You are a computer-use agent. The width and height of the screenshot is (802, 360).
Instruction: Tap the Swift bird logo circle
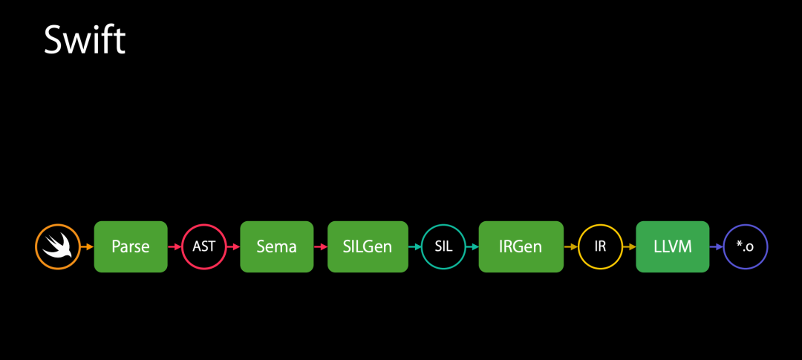click(x=57, y=246)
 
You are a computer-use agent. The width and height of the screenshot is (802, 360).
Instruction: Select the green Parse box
click(x=131, y=246)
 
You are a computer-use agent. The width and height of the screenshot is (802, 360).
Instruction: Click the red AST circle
click(x=203, y=246)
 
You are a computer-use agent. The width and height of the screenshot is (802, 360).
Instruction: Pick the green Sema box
click(x=276, y=246)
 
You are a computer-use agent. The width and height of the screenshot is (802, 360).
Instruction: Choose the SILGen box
click(x=368, y=246)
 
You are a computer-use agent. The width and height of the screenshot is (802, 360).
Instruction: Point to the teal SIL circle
click(x=443, y=246)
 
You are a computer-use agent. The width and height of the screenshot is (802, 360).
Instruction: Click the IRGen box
click(x=520, y=246)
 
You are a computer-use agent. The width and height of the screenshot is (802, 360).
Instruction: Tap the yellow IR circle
click(x=600, y=246)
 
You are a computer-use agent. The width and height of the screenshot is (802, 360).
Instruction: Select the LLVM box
click(x=673, y=246)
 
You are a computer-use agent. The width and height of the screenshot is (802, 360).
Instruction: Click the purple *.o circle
click(x=745, y=246)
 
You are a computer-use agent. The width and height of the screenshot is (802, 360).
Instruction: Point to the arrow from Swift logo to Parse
click(x=87, y=246)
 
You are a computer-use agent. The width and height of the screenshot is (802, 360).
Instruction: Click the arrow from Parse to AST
click(x=175, y=246)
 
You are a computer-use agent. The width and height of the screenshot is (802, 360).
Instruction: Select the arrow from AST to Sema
click(x=232, y=246)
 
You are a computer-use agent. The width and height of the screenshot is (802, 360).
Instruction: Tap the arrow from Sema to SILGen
click(x=320, y=246)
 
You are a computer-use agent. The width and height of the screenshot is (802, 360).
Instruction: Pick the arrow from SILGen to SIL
click(x=414, y=246)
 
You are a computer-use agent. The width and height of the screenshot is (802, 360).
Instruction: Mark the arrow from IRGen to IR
click(x=570, y=246)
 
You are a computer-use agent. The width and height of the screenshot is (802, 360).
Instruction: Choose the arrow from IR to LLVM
click(x=629, y=246)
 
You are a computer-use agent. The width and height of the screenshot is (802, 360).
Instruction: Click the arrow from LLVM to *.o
click(x=716, y=246)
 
